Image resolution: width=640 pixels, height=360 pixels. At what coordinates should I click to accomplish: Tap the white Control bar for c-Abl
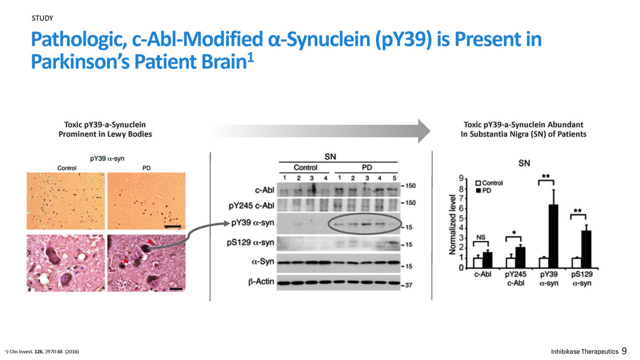point(477,263)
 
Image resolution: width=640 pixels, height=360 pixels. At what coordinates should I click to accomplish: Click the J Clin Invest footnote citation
point(42,351)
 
